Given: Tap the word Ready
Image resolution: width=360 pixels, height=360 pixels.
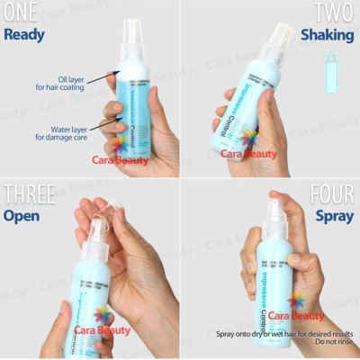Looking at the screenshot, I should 26,36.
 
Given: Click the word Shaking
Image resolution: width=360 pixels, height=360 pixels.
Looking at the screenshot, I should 328,37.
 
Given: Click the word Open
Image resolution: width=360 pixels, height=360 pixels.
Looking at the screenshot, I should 24,216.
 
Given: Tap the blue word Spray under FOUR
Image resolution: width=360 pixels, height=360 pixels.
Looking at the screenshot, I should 334,216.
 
